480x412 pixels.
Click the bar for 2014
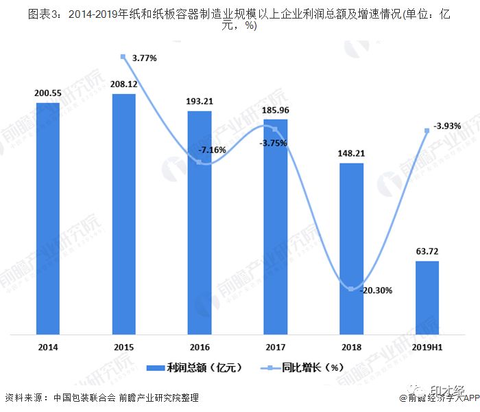[x=48, y=218]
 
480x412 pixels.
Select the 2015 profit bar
[x=123, y=214]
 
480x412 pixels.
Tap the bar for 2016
[x=200, y=222]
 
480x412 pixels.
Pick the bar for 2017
[x=275, y=227]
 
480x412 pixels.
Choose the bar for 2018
[x=351, y=249]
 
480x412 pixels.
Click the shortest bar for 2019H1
[x=427, y=297]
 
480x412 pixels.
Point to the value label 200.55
[x=48, y=93]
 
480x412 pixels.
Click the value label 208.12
[x=123, y=84]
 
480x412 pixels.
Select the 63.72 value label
[x=427, y=251]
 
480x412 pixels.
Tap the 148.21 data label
[x=351, y=154]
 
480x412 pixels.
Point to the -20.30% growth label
[x=374, y=290]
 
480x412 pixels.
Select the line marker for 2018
[x=351, y=289]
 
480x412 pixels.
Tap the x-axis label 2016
[x=200, y=347]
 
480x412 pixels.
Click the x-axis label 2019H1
[x=427, y=347]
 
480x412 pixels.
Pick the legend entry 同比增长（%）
[x=312, y=367]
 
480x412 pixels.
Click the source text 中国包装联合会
[x=82, y=398]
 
